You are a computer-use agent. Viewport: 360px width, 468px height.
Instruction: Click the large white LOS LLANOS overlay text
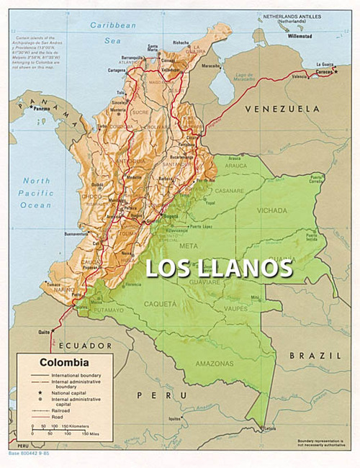(x=220, y=268)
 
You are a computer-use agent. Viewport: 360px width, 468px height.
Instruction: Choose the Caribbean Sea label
(x=112, y=30)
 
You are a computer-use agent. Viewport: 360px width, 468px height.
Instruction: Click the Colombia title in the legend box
(x=64, y=363)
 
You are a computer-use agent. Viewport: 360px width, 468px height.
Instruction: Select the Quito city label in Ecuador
(x=44, y=332)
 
